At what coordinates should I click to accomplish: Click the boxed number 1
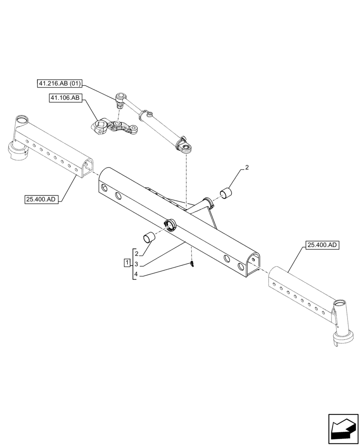coord(127,261)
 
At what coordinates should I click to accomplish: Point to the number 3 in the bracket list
coord(137,264)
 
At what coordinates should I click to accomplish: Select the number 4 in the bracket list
coord(137,276)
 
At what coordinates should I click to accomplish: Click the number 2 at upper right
coord(247,168)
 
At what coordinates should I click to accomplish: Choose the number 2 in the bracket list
coord(137,253)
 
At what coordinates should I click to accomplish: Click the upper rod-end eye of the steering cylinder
coord(120,97)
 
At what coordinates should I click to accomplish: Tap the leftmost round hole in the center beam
coord(103,187)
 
